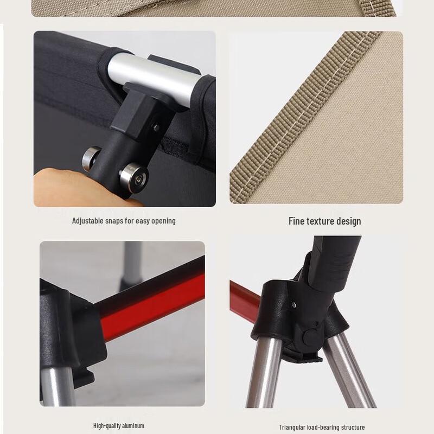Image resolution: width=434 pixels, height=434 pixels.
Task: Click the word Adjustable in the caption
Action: (x=89, y=221)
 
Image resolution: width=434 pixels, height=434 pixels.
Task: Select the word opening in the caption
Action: (x=163, y=221)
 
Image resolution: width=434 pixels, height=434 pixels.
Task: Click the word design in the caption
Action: (x=349, y=221)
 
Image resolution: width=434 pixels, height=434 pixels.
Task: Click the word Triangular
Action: (x=293, y=427)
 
